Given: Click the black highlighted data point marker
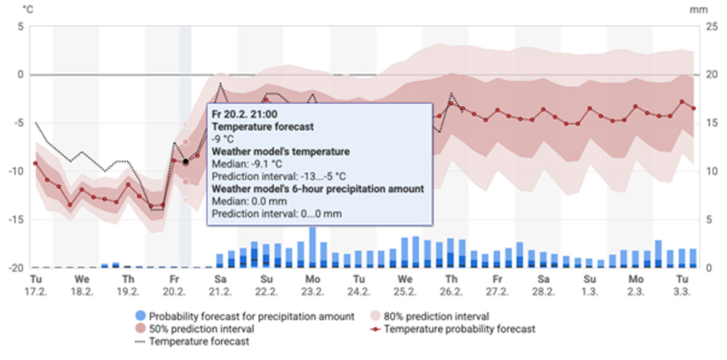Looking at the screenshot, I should click(x=186, y=162).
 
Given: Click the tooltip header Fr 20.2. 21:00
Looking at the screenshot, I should click(x=245, y=114).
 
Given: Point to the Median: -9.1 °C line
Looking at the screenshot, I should click(x=247, y=164).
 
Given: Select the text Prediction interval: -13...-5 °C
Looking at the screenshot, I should click(x=279, y=176).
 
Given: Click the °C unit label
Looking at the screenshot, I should click(x=28, y=10).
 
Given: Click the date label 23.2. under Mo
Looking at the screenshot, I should click(x=313, y=291).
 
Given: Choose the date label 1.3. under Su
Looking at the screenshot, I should click(x=589, y=291).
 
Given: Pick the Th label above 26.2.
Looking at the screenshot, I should click(x=451, y=279).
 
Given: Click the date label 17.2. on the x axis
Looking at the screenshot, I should click(x=36, y=291).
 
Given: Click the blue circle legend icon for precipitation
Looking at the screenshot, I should click(x=141, y=316).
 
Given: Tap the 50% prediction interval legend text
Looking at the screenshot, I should click(x=202, y=329).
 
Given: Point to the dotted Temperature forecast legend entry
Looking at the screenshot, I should click(x=199, y=342).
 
